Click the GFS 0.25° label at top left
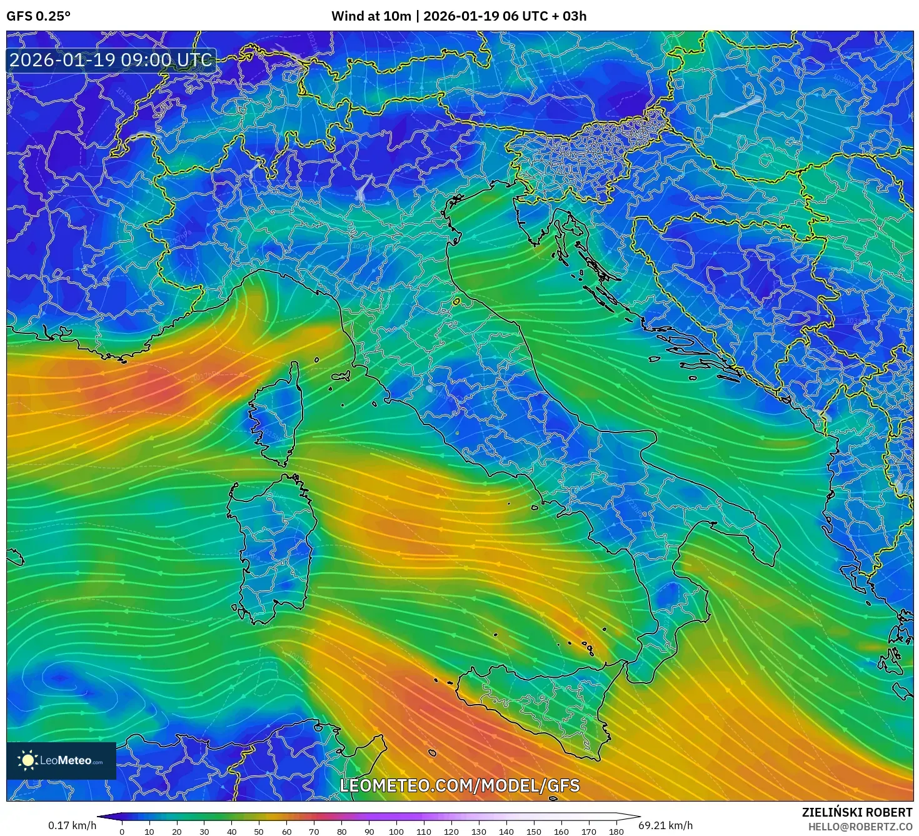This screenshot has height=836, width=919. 38,16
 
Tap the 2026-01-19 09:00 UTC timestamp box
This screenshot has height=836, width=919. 111,60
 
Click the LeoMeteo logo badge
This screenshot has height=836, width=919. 61,760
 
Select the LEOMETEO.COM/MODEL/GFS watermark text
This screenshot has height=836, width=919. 459,785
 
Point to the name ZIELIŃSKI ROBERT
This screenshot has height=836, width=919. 857,812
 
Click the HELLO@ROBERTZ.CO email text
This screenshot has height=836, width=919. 860,827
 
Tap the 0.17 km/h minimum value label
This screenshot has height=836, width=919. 73,825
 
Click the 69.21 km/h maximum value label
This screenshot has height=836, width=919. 665,825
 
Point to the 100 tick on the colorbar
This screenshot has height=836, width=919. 396,832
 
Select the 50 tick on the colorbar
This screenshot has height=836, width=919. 259,832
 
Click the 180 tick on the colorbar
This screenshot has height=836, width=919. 616,832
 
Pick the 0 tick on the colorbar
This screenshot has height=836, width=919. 122,832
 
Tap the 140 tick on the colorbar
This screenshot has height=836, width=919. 506,832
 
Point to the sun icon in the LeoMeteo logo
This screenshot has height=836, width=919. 28,760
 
